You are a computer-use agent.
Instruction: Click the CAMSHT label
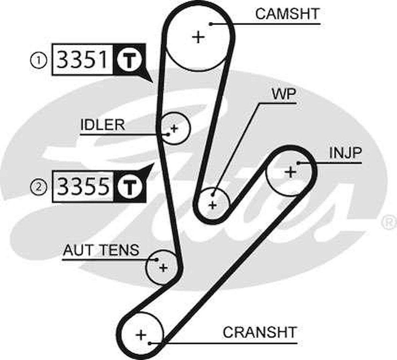pyautogui.click(x=287, y=14)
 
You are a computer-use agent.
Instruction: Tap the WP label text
pyautogui.click(x=283, y=95)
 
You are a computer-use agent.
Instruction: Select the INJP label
pyautogui.click(x=345, y=153)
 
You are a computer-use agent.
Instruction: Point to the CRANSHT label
pyautogui.click(x=259, y=333)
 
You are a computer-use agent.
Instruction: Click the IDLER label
pyautogui.click(x=103, y=125)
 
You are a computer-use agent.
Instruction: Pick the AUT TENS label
pyautogui.click(x=101, y=250)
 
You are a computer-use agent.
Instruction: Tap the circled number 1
pyautogui.click(x=39, y=61)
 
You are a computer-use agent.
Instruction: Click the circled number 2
pyautogui.click(x=39, y=186)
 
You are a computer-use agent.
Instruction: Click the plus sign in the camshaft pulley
pyautogui.click(x=199, y=37)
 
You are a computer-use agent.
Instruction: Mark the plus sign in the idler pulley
pyautogui.click(x=174, y=128)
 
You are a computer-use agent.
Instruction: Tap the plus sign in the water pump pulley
pyautogui.click(x=212, y=205)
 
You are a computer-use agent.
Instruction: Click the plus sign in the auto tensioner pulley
pyautogui.click(x=163, y=268)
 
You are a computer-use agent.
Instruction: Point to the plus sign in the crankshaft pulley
pyautogui.click(x=141, y=335)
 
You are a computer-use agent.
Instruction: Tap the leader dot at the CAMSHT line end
pyautogui.click(x=211, y=24)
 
